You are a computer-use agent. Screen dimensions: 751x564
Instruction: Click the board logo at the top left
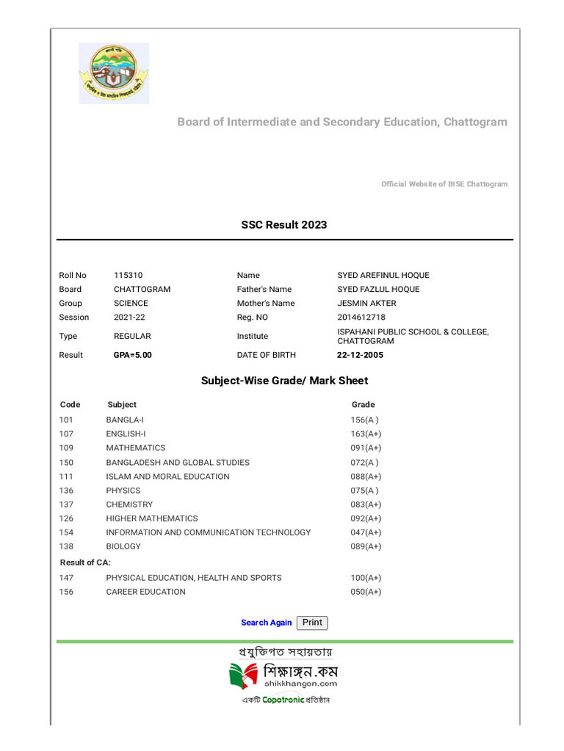coord(114,73)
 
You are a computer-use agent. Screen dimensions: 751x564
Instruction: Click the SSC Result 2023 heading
coord(284,224)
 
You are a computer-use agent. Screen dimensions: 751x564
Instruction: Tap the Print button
coord(312,623)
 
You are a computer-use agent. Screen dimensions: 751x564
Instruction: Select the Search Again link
coord(266,623)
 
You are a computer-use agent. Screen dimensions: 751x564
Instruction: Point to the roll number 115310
coord(129,275)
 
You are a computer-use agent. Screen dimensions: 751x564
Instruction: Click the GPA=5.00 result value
coord(133,355)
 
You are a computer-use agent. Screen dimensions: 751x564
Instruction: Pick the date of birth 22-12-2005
coord(360,355)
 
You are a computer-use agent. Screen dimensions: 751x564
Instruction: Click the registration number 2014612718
coord(361,317)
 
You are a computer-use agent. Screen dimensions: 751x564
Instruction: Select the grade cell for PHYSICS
coord(364,491)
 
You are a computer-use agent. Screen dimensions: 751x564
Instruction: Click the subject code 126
coord(66,519)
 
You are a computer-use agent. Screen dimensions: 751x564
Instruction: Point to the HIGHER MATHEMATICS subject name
coord(152,519)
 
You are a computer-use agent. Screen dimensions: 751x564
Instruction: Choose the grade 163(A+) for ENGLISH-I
coord(366,433)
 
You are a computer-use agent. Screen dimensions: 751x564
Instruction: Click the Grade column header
coord(363,404)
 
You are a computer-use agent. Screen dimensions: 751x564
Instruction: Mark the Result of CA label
coord(85,563)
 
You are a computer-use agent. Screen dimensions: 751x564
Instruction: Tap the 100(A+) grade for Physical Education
coord(366,578)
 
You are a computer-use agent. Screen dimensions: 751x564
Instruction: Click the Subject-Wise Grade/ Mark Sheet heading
coord(284,381)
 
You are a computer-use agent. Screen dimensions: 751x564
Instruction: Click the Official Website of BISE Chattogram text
coord(444,184)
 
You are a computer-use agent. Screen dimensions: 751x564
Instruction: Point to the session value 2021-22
coord(129,317)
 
